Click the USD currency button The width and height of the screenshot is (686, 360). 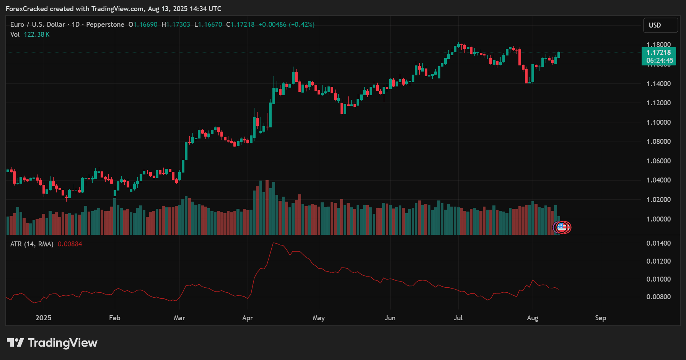click(x=660, y=25)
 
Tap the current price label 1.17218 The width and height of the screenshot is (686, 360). click(x=658, y=52)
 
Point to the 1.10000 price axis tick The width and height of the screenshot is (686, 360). click(x=658, y=122)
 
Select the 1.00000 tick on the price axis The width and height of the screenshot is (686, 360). click(x=658, y=219)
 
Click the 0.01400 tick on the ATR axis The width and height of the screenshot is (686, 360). click(x=658, y=243)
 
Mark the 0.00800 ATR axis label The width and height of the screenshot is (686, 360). click(x=658, y=297)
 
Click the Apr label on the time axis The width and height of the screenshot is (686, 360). click(x=248, y=318)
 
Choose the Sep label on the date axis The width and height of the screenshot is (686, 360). click(x=600, y=318)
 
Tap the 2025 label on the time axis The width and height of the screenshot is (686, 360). click(x=43, y=318)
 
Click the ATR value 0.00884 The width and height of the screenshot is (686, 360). click(x=70, y=244)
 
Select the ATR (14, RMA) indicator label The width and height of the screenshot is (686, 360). click(x=32, y=244)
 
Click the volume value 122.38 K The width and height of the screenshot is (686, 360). click(x=37, y=34)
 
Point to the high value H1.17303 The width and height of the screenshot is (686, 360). click(x=176, y=24)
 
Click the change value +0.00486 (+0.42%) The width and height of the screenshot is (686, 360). click(x=287, y=24)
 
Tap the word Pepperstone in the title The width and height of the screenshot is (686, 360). click(x=105, y=24)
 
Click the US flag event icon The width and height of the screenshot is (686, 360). click(x=561, y=227)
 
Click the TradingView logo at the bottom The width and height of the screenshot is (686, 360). click(x=52, y=343)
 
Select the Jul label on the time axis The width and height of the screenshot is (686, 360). click(x=458, y=318)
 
